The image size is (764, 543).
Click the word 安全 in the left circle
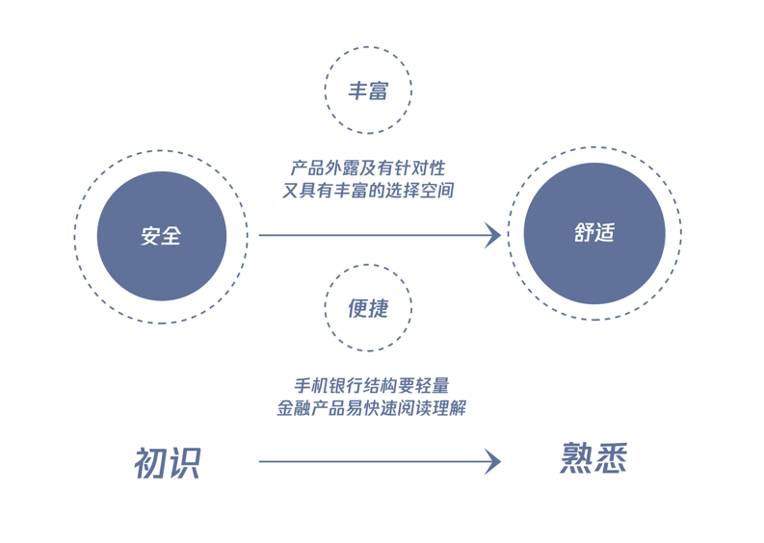161,236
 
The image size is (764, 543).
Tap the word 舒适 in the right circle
593,233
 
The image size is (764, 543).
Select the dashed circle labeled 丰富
368,90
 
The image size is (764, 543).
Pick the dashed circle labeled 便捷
368,308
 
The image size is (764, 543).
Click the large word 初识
168,462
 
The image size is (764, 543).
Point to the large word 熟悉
593,458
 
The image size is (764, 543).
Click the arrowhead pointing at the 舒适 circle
492,235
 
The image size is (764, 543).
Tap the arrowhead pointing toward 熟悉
492,461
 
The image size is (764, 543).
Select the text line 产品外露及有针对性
368,168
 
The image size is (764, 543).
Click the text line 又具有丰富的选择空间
368,191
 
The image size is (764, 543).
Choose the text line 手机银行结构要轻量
371,386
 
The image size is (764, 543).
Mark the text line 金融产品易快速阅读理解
371,408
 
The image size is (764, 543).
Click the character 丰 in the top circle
357,90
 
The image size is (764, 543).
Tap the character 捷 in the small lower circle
379,308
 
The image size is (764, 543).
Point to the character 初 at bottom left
150,462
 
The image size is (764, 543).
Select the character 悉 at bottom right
611,458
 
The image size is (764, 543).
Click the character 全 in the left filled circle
171,236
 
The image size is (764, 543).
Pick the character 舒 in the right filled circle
583,233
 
